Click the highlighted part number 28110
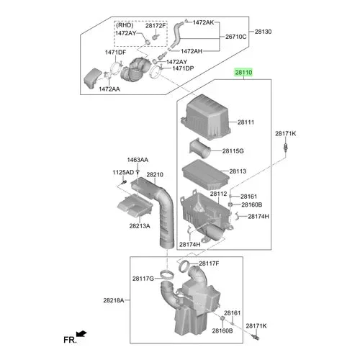[243, 72]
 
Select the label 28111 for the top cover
[246, 122]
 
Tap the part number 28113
[238, 171]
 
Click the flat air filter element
[206, 175]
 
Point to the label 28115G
[233, 151]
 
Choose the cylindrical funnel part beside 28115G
[200, 148]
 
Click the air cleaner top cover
[206, 117]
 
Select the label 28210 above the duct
[155, 174]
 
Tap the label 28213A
[140, 226]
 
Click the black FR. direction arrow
[81, 333]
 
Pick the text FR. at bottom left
[70, 340]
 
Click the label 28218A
[114, 300]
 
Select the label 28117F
[209, 264]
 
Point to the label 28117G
[143, 279]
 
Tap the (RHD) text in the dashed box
[125, 25]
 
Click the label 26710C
[236, 37]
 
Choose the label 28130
[264, 32]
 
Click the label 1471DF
[115, 53]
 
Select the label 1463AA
[138, 160]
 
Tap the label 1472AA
[109, 89]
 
